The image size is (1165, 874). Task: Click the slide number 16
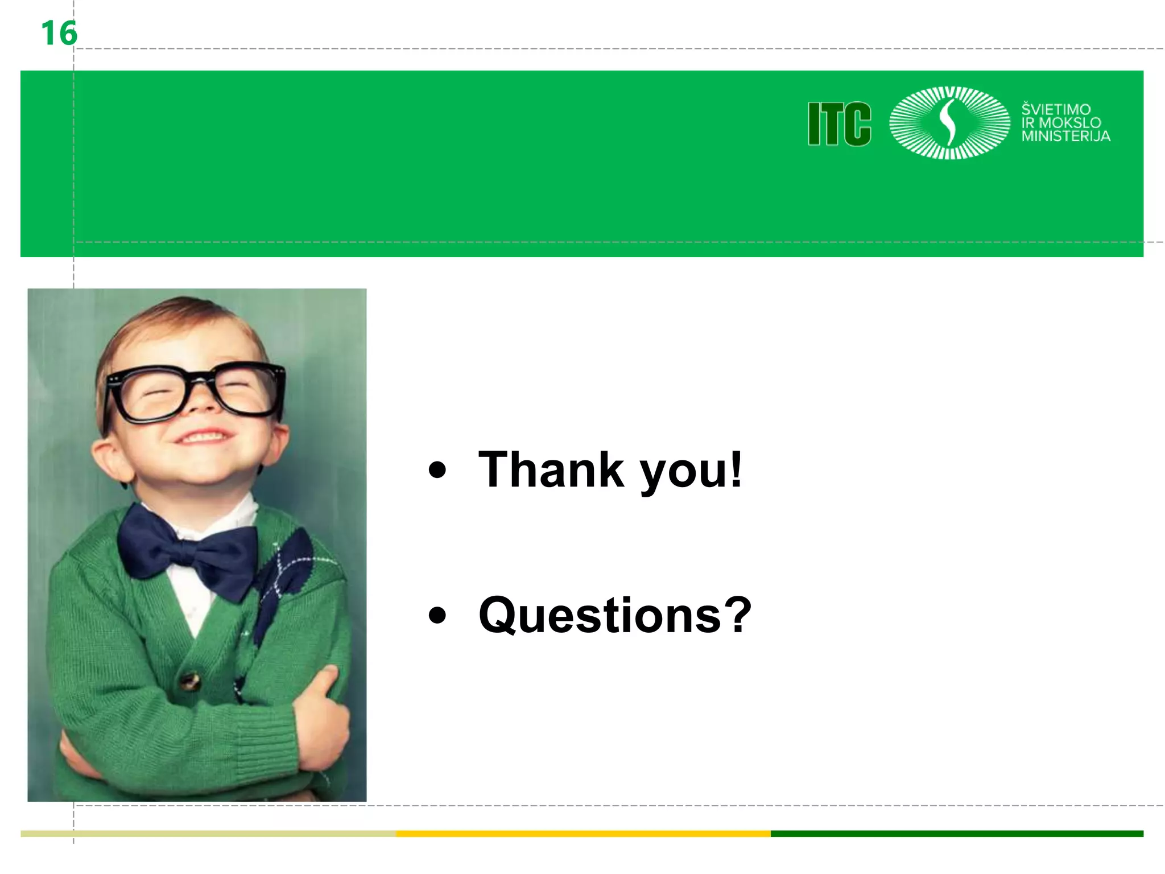tap(59, 33)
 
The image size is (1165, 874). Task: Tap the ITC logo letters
tap(839, 123)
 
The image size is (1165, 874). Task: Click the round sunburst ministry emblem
tap(949, 122)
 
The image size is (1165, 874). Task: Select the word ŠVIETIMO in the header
tap(1056, 109)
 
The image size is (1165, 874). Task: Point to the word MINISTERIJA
tap(1065, 136)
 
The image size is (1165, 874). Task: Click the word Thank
tap(551, 469)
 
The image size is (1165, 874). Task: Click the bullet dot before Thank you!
tap(437, 470)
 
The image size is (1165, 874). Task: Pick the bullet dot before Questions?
tap(437, 615)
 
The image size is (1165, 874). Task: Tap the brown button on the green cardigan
tap(189, 681)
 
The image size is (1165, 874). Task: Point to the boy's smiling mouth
tap(204, 437)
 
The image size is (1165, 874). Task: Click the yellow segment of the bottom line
tap(583, 834)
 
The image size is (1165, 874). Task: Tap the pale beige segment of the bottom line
tap(208, 834)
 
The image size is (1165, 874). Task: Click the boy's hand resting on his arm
tap(324, 717)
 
